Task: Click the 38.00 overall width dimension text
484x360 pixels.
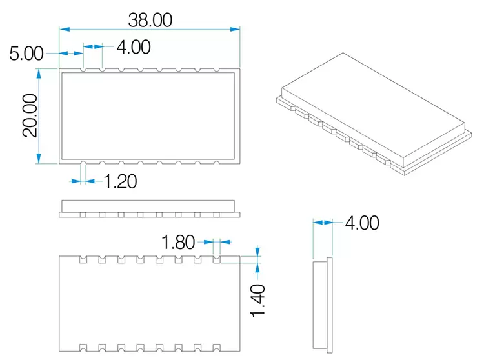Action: coord(150,20)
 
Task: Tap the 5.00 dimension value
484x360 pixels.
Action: coord(26,53)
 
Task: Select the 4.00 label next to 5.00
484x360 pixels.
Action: coord(134,46)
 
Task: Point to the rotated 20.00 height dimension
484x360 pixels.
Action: coord(28,115)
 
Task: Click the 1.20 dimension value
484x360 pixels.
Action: coord(121,181)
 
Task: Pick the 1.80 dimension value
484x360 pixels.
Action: coord(178,243)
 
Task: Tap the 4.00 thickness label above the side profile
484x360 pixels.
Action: coord(361,223)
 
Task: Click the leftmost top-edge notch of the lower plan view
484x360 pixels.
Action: coord(83,259)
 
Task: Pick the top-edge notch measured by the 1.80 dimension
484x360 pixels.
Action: coord(216,259)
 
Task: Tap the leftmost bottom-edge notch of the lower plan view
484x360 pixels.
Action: coord(83,348)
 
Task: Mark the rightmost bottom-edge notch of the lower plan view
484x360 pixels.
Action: coord(216,348)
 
